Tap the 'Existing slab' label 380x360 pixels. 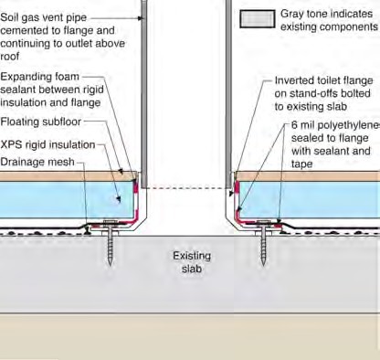pyautogui.click(x=191, y=262)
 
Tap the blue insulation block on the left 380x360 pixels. pyautogui.click(x=55, y=196)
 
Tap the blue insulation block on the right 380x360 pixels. pyautogui.click(x=320, y=196)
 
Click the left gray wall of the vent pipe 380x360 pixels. pyautogui.click(x=144, y=91)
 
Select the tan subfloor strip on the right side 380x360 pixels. pyautogui.click(x=311, y=175)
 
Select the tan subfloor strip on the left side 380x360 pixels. pyautogui.click(x=55, y=175)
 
